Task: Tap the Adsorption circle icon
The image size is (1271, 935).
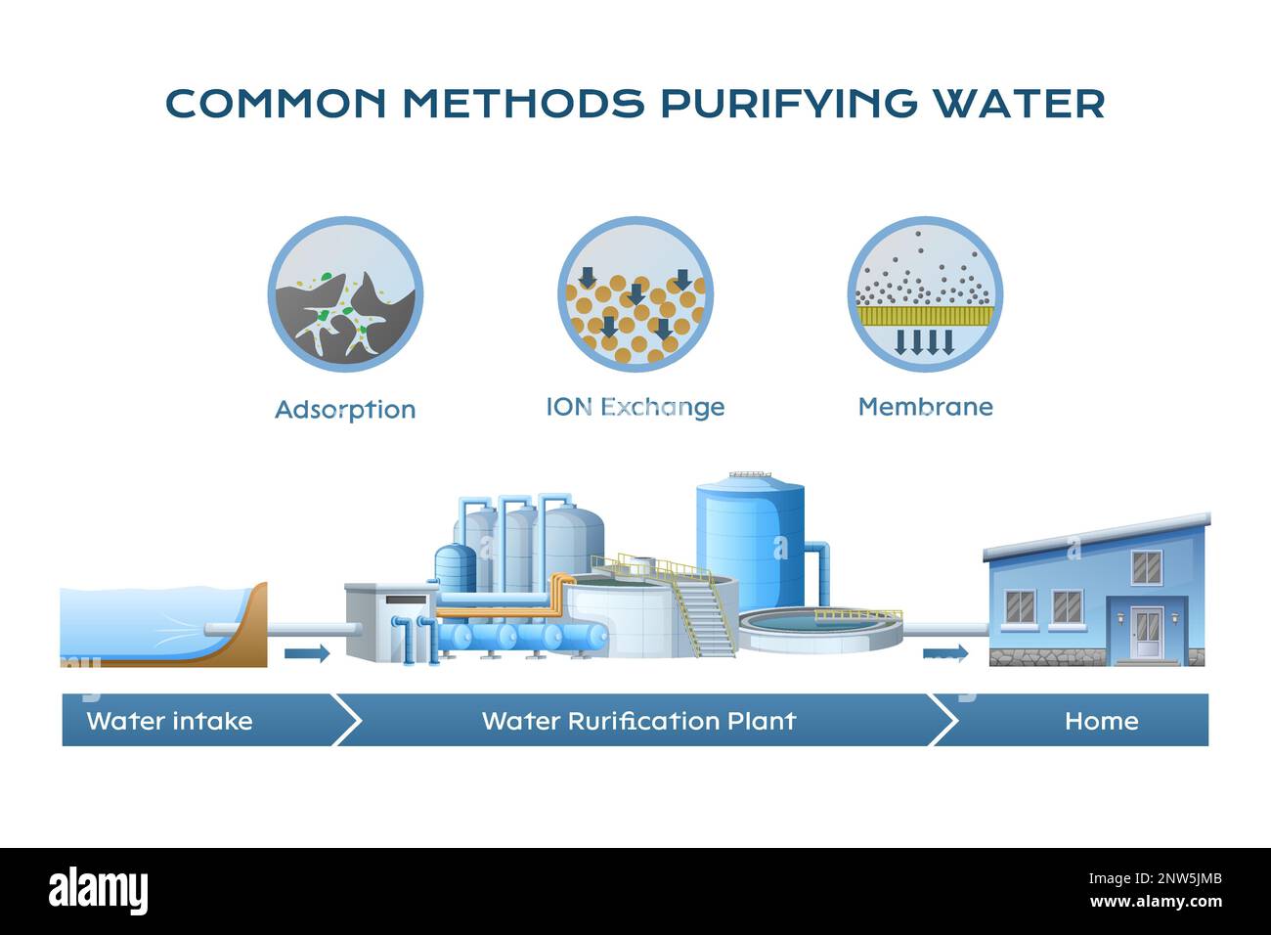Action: tap(345, 294)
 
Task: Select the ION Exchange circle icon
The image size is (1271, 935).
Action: tap(635, 294)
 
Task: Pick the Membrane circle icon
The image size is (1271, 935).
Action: tap(925, 294)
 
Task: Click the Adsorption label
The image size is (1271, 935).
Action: tap(345, 409)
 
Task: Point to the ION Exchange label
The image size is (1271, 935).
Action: tap(635, 407)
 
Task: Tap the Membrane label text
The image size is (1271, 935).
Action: tap(925, 407)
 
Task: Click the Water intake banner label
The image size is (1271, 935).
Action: tap(169, 721)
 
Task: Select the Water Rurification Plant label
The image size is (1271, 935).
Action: tap(638, 721)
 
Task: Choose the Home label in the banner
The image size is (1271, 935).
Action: tap(1101, 721)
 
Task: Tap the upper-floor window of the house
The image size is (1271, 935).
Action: tap(1146, 565)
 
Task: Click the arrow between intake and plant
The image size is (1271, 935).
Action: tap(307, 653)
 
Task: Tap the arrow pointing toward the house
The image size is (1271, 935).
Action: tap(945, 652)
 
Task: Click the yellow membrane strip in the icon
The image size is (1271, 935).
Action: tap(925, 315)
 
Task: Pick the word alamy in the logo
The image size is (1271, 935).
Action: tap(98, 891)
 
